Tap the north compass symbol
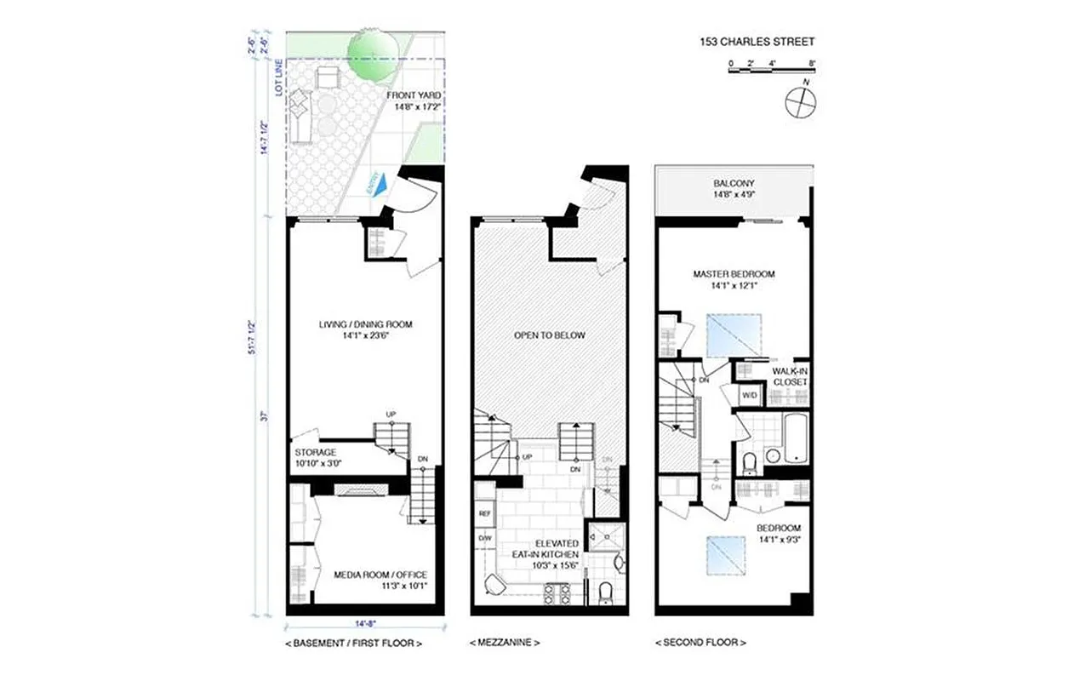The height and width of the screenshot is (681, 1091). tap(800, 102)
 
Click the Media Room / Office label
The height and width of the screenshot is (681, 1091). tap(368, 580)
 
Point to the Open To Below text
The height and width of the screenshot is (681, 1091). tap(549, 335)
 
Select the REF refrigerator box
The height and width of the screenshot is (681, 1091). tap(485, 513)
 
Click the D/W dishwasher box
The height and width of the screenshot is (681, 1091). tap(485, 538)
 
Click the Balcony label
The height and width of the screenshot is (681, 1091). tap(734, 188)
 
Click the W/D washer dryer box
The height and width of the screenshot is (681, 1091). tap(750, 395)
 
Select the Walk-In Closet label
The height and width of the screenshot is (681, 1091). tap(789, 377)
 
